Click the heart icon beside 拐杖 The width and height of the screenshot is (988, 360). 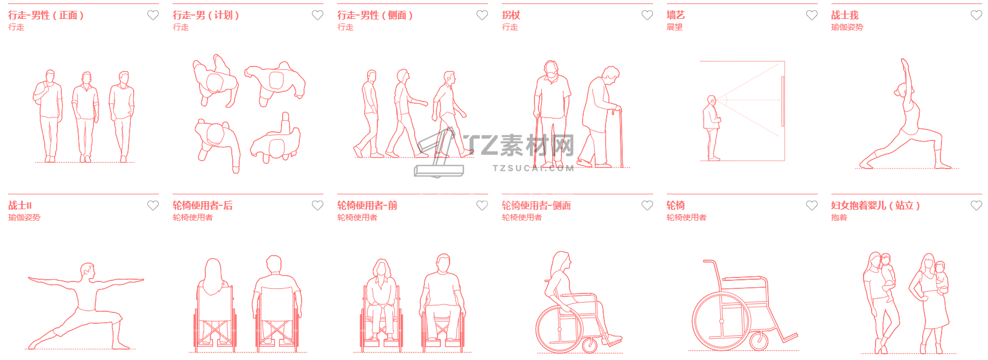[647, 15]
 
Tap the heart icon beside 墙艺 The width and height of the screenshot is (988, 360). [811, 15]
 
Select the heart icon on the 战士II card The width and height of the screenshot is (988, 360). [153, 205]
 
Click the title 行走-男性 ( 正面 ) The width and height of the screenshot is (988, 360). [46, 15]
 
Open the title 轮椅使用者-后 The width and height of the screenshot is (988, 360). [202, 205]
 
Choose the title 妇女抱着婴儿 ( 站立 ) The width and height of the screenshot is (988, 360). [875, 205]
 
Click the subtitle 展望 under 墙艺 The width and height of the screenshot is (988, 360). [674, 27]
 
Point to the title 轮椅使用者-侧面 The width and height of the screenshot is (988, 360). [536, 205]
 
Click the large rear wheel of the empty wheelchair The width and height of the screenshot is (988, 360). [720, 322]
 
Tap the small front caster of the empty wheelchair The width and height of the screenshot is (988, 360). [759, 341]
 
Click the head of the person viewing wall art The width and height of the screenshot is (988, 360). [712, 101]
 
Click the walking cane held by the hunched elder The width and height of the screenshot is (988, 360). [620, 137]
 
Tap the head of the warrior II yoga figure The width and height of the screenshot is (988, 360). [87, 269]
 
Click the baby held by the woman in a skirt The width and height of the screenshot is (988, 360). [941, 277]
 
